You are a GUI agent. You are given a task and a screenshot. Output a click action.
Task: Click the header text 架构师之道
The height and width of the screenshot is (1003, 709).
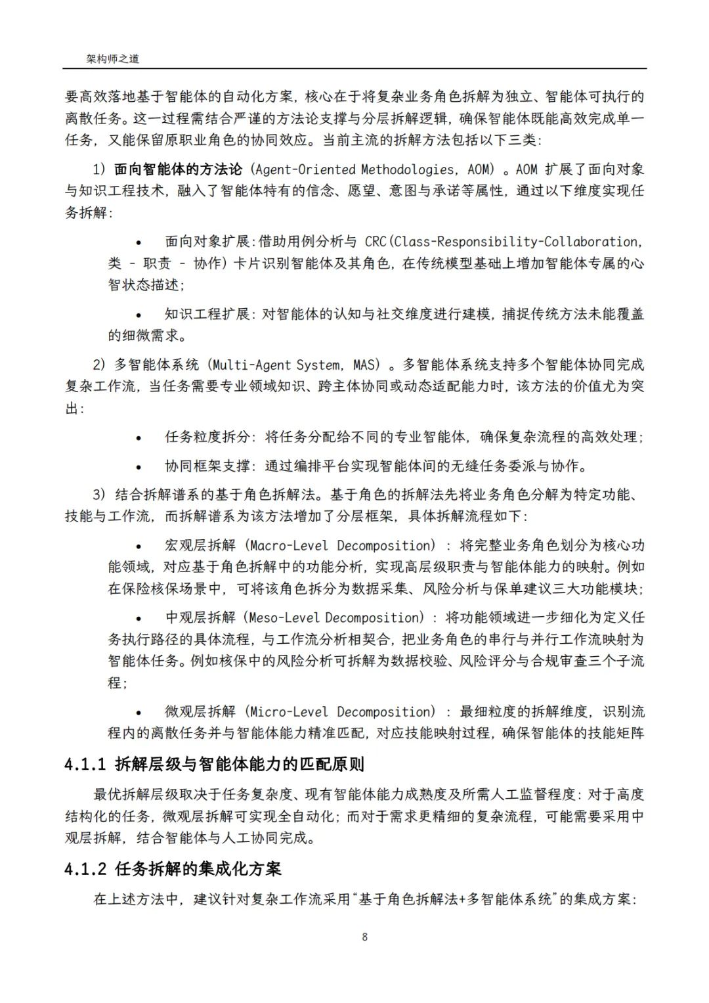(x=113, y=58)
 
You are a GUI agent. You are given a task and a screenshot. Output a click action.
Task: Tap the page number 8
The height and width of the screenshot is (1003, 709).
(x=365, y=937)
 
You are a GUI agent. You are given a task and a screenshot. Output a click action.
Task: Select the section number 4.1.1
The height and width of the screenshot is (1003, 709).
(x=85, y=765)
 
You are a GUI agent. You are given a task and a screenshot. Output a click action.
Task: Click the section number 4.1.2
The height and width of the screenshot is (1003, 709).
(x=85, y=869)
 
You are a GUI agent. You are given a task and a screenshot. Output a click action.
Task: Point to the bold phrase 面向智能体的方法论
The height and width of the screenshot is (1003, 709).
(x=178, y=169)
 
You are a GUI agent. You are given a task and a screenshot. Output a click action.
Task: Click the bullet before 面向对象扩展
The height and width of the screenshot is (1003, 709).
(x=139, y=242)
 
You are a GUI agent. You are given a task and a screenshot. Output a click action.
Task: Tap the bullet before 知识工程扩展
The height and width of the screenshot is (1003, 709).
(x=139, y=315)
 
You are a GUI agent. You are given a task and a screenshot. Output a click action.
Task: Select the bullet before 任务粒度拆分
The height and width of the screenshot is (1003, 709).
(x=139, y=437)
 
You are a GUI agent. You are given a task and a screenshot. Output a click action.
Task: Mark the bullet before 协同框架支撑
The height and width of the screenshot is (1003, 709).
(x=139, y=466)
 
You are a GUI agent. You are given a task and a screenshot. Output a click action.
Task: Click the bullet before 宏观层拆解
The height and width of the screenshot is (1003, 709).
(x=139, y=546)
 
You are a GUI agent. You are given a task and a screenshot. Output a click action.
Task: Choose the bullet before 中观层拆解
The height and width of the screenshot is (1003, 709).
(x=139, y=619)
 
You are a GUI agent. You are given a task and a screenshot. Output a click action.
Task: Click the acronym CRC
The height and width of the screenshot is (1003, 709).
(x=376, y=242)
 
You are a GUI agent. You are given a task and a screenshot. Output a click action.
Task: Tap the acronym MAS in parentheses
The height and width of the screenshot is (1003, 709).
(x=366, y=365)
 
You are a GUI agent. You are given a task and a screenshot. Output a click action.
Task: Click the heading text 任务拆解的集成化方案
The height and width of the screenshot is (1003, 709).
(x=198, y=869)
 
